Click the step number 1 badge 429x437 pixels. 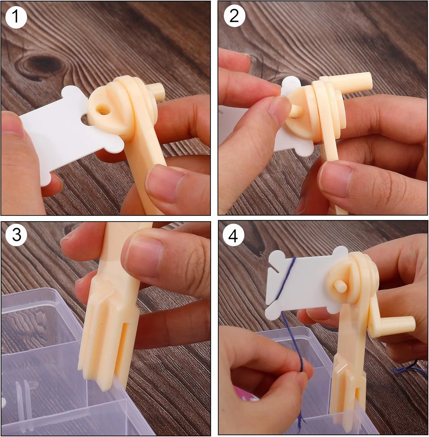(x=16, y=17)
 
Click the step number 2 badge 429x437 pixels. (x=234, y=16)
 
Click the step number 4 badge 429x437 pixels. (x=233, y=236)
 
